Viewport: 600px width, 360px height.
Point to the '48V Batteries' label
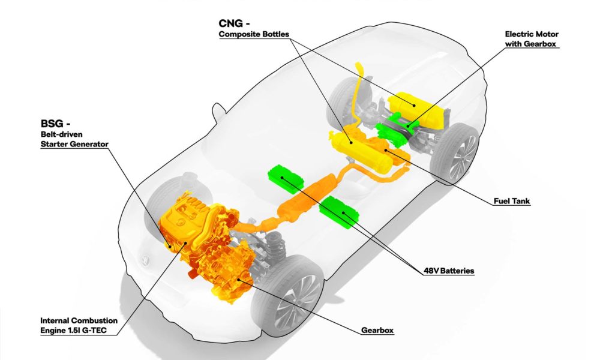point(449,271)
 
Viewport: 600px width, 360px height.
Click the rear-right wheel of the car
point(457,153)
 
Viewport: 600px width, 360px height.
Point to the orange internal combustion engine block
point(192,228)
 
